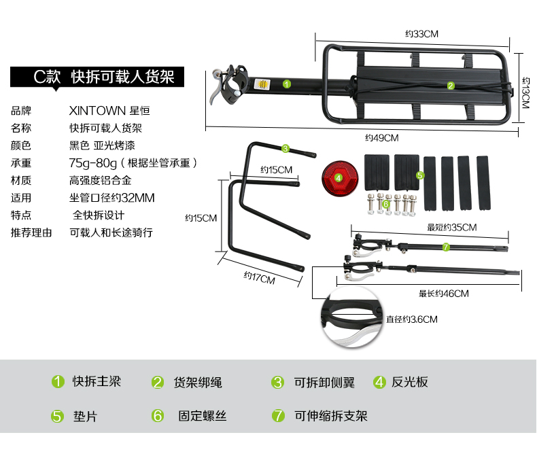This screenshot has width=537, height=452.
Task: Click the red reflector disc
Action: [x=340, y=178]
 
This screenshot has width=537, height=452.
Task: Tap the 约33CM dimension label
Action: [x=421, y=34]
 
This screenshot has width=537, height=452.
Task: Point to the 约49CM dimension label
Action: [x=382, y=138]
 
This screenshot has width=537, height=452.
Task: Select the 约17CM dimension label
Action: [x=259, y=278]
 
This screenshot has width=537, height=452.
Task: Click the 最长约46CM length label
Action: [x=443, y=294]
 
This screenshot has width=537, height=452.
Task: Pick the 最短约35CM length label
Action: [x=452, y=228]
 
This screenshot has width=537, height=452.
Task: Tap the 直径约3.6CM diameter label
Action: [x=412, y=319]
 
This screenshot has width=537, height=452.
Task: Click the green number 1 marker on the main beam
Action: [x=287, y=84]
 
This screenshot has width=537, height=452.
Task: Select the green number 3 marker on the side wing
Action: [x=285, y=149]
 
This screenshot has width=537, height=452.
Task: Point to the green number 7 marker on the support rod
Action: [x=445, y=247]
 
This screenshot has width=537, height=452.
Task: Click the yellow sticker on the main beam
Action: [x=262, y=84]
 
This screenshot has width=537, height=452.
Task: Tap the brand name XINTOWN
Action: [x=97, y=111]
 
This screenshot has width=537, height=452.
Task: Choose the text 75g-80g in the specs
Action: [x=93, y=163]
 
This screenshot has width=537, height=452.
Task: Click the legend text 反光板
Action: [x=410, y=382]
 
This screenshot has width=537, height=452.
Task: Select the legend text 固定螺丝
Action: [x=203, y=416]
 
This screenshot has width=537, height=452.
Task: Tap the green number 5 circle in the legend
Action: [x=58, y=416]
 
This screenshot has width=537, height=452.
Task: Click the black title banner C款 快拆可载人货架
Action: [x=97, y=77]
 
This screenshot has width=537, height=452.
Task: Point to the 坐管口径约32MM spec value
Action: [x=112, y=198]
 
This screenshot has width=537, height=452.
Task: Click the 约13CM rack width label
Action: [x=525, y=93]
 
